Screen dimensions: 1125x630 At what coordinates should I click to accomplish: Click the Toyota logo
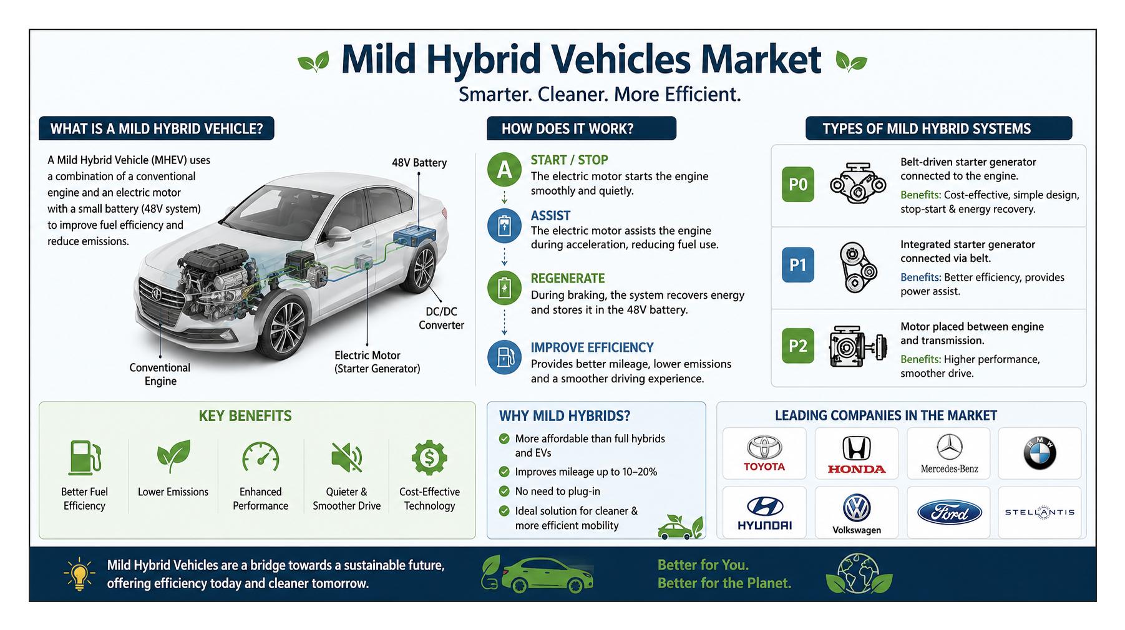coord(764,453)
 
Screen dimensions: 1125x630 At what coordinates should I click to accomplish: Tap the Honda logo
coord(857,455)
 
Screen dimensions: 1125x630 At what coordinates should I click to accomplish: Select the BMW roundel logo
coord(1040,453)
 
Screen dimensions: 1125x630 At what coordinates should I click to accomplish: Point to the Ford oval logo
coord(949,513)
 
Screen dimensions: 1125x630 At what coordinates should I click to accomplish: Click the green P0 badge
coord(798,185)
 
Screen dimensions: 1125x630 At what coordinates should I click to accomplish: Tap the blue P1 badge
coord(798,264)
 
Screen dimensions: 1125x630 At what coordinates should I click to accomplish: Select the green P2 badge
coord(798,346)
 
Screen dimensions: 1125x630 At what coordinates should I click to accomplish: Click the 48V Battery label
coord(419,163)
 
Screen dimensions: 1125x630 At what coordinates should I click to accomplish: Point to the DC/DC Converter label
coord(441,318)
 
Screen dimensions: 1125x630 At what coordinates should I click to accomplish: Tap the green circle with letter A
coord(504,170)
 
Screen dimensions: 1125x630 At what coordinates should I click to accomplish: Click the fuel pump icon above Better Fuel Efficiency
coord(85,458)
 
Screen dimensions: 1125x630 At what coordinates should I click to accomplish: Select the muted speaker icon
coord(347,458)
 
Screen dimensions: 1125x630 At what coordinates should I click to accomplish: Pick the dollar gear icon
coord(429,458)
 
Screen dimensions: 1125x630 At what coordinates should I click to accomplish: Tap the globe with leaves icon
coord(859,574)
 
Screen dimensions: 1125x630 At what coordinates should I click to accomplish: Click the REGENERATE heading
coord(568,279)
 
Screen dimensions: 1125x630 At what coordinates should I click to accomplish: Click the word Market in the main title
coord(760,59)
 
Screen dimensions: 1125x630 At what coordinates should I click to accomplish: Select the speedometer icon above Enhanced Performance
coord(261,458)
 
